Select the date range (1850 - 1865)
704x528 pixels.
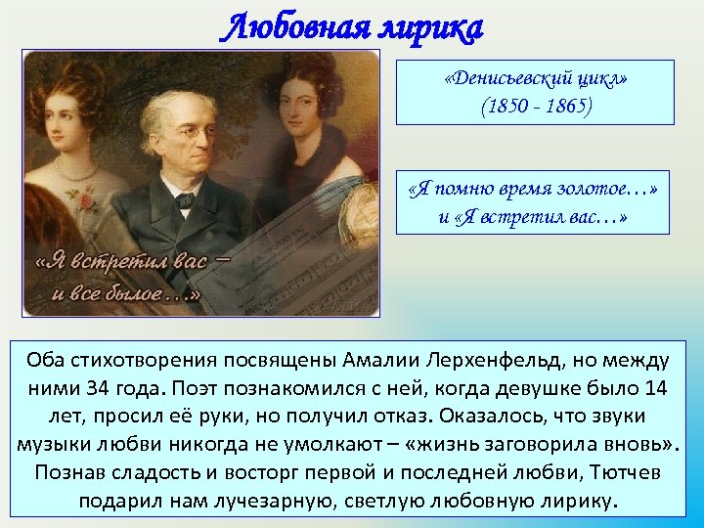tap(535, 104)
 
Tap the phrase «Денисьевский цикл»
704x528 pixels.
tap(535, 78)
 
